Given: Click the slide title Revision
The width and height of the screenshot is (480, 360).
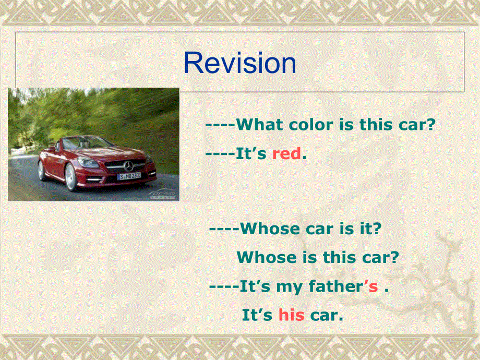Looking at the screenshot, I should click(240, 64).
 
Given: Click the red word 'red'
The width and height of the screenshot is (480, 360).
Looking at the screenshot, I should click(286, 154).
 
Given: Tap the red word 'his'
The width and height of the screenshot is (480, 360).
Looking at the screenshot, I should click(291, 315).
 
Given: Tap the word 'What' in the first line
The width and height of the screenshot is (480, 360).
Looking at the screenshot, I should click(260, 125).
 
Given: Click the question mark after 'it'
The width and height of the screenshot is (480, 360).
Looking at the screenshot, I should click(377, 229).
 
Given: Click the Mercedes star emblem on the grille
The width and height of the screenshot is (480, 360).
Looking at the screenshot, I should click(128, 166).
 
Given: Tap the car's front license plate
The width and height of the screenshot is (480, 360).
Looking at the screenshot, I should click(129, 176).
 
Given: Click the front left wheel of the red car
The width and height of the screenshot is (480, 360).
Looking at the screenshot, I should click(71, 177).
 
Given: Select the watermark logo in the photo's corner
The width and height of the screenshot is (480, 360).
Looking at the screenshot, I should click(163, 195).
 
